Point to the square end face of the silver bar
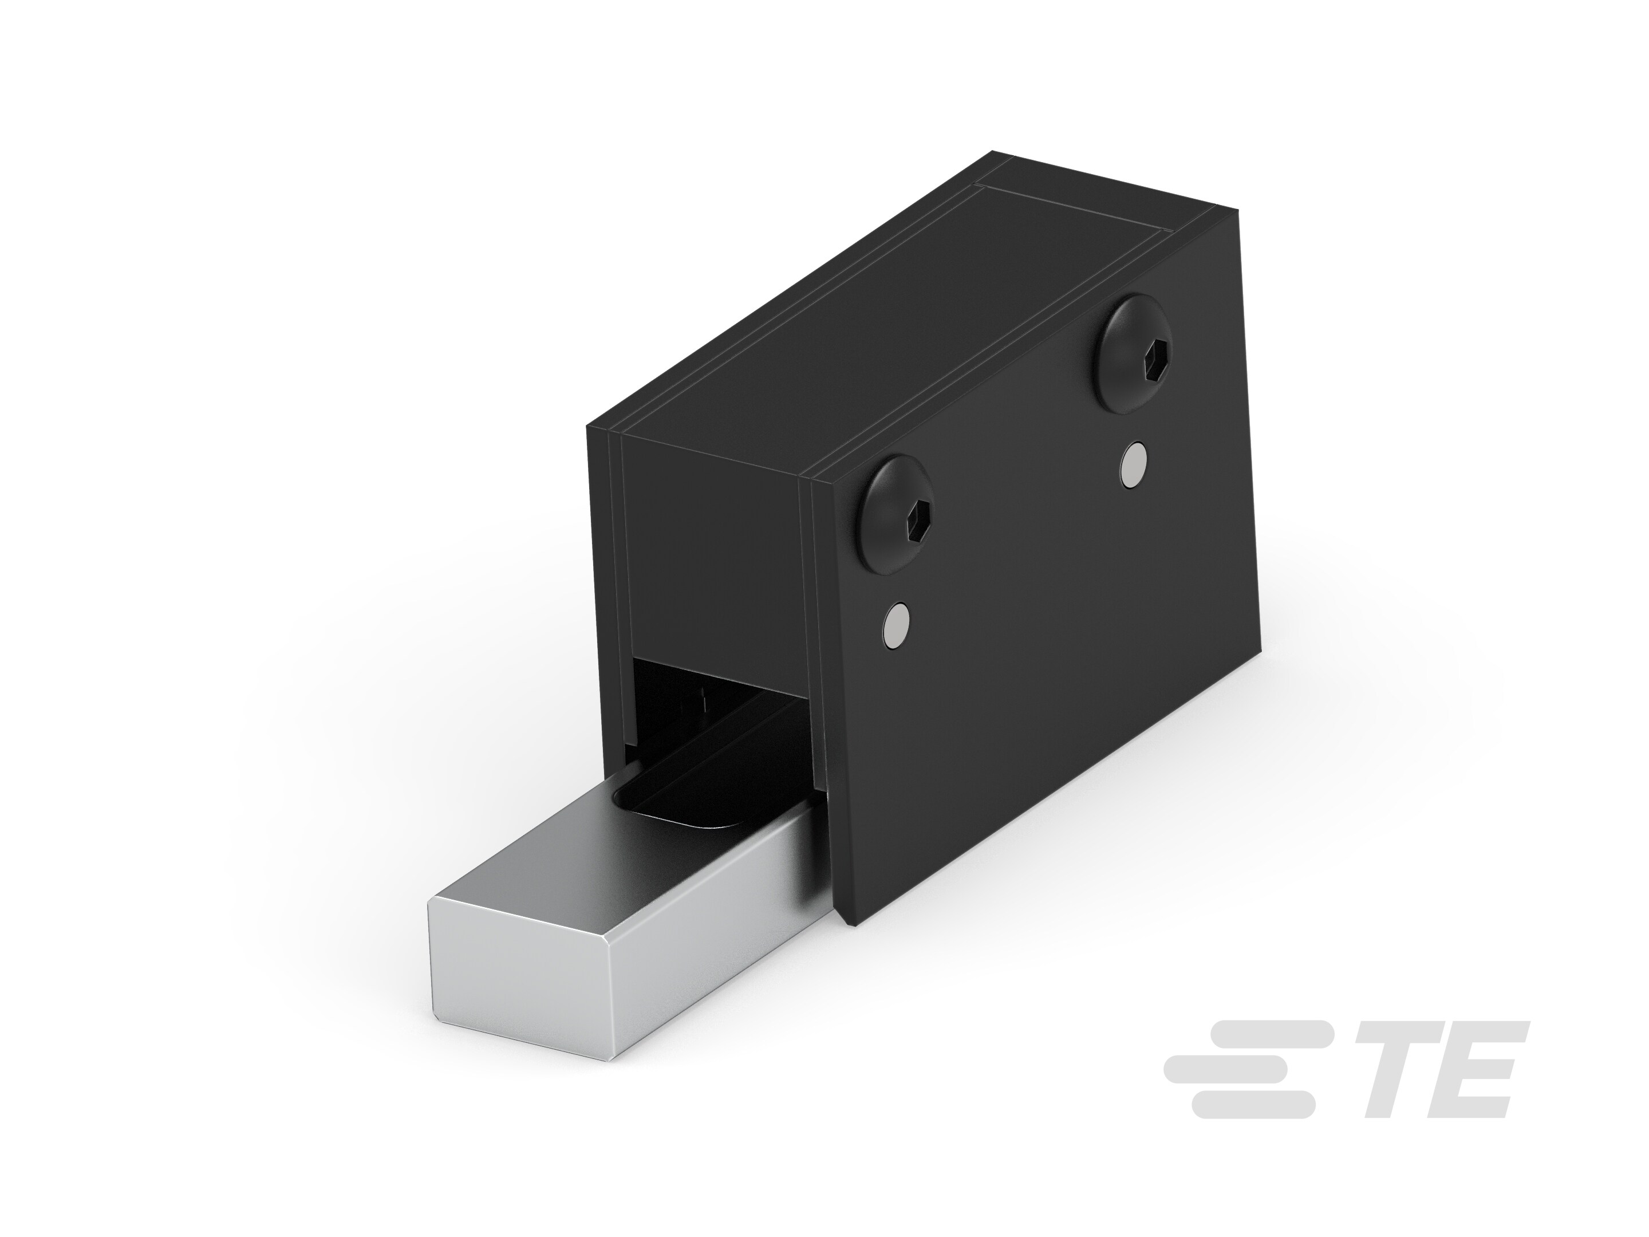[519, 959]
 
